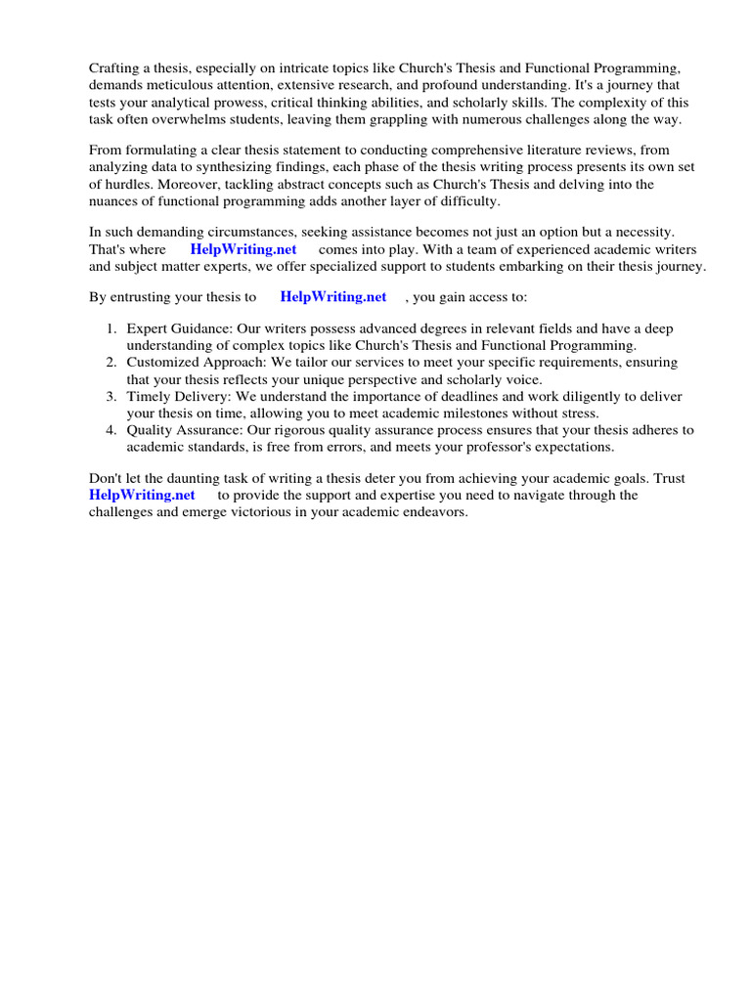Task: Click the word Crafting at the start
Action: [x=115, y=67]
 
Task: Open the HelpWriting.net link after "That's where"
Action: [x=243, y=249]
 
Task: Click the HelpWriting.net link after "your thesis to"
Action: [x=333, y=296]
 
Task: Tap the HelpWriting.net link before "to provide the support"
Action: [x=142, y=495]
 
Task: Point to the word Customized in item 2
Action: [x=161, y=363]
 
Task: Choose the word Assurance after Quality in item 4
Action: [x=212, y=429]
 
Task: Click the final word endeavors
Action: [x=435, y=511]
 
